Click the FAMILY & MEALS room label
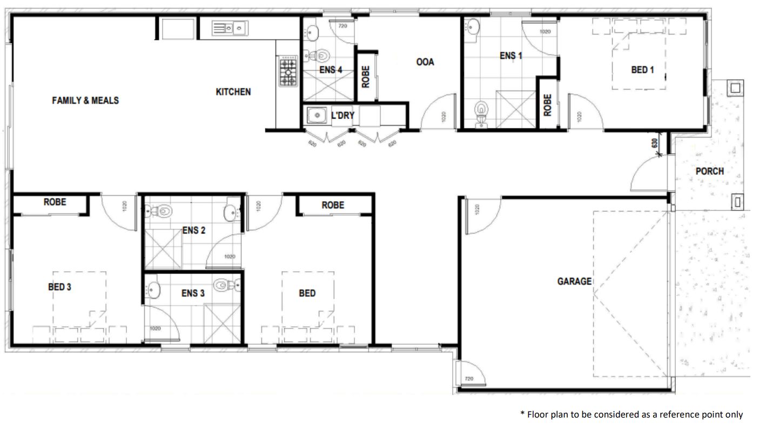coord(85,100)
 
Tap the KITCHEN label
coord(233,92)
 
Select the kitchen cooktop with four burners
coord(288,71)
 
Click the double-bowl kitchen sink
coord(229,28)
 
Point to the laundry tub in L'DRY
coord(314,115)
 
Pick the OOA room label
coord(425,62)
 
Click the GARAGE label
coord(574,281)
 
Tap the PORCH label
coord(710,171)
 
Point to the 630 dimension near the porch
coord(654,143)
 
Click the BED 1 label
coord(642,70)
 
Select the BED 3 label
coord(59,287)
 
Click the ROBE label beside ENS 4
coord(366,76)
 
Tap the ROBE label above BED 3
coord(55,202)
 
